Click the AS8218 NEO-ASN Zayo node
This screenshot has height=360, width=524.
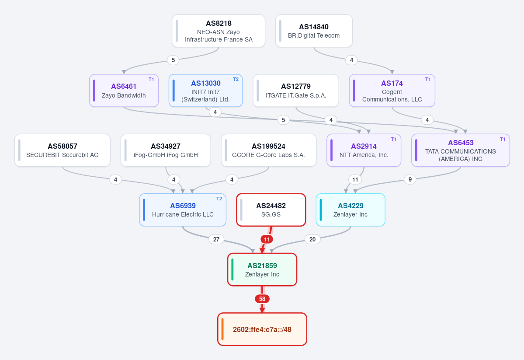click(x=219, y=31)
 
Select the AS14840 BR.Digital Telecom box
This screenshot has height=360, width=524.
click(x=314, y=31)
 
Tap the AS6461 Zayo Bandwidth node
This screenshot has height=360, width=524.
click(x=124, y=91)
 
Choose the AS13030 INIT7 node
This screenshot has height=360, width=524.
click(x=205, y=91)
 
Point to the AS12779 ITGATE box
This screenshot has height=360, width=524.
click(x=296, y=91)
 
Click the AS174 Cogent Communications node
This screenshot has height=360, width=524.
click(x=392, y=91)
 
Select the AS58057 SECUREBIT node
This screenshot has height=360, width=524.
click(x=62, y=150)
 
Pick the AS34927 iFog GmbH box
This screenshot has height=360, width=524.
click(x=166, y=150)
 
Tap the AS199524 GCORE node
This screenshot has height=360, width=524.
click(x=269, y=150)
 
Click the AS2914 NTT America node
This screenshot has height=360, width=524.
click(x=364, y=150)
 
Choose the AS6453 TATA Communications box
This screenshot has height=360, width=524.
click(x=461, y=150)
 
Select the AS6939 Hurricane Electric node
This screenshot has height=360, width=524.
click(x=183, y=210)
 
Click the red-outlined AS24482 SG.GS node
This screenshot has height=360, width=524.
click(x=271, y=210)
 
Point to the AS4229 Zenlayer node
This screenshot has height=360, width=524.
click(x=350, y=210)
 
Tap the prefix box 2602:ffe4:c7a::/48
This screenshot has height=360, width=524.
click(x=262, y=329)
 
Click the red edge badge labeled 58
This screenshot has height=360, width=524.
click(x=262, y=299)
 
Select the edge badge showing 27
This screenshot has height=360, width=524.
click(x=216, y=239)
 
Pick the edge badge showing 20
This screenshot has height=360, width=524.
click(x=312, y=239)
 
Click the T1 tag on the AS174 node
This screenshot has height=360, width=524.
click(x=428, y=79)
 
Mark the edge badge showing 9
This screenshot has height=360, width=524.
click(x=410, y=179)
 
